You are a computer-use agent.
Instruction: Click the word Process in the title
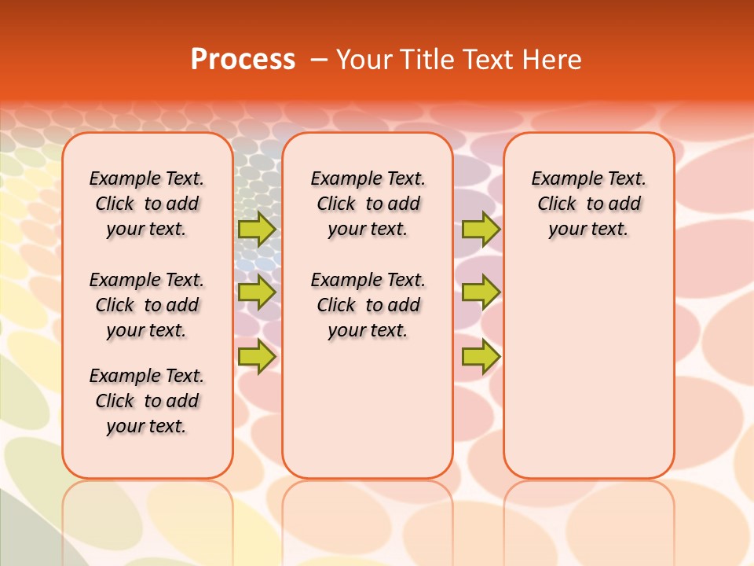[243, 60]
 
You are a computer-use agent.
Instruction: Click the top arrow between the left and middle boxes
[256, 229]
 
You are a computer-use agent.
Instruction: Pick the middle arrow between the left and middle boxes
[256, 292]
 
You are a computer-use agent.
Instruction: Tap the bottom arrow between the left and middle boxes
[256, 356]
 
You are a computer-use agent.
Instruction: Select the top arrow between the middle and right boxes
[481, 229]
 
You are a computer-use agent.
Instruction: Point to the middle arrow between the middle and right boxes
[481, 292]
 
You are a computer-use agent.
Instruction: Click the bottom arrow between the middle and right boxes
[481, 356]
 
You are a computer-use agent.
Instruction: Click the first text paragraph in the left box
[147, 204]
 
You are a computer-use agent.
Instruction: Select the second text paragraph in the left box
[147, 305]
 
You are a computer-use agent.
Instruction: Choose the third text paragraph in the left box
[147, 401]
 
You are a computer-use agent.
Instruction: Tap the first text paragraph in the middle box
[368, 204]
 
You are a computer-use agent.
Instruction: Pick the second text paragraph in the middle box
[368, 305]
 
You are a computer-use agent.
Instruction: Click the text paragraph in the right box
[588, 204]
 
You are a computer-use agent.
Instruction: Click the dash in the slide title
[319, 60]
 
